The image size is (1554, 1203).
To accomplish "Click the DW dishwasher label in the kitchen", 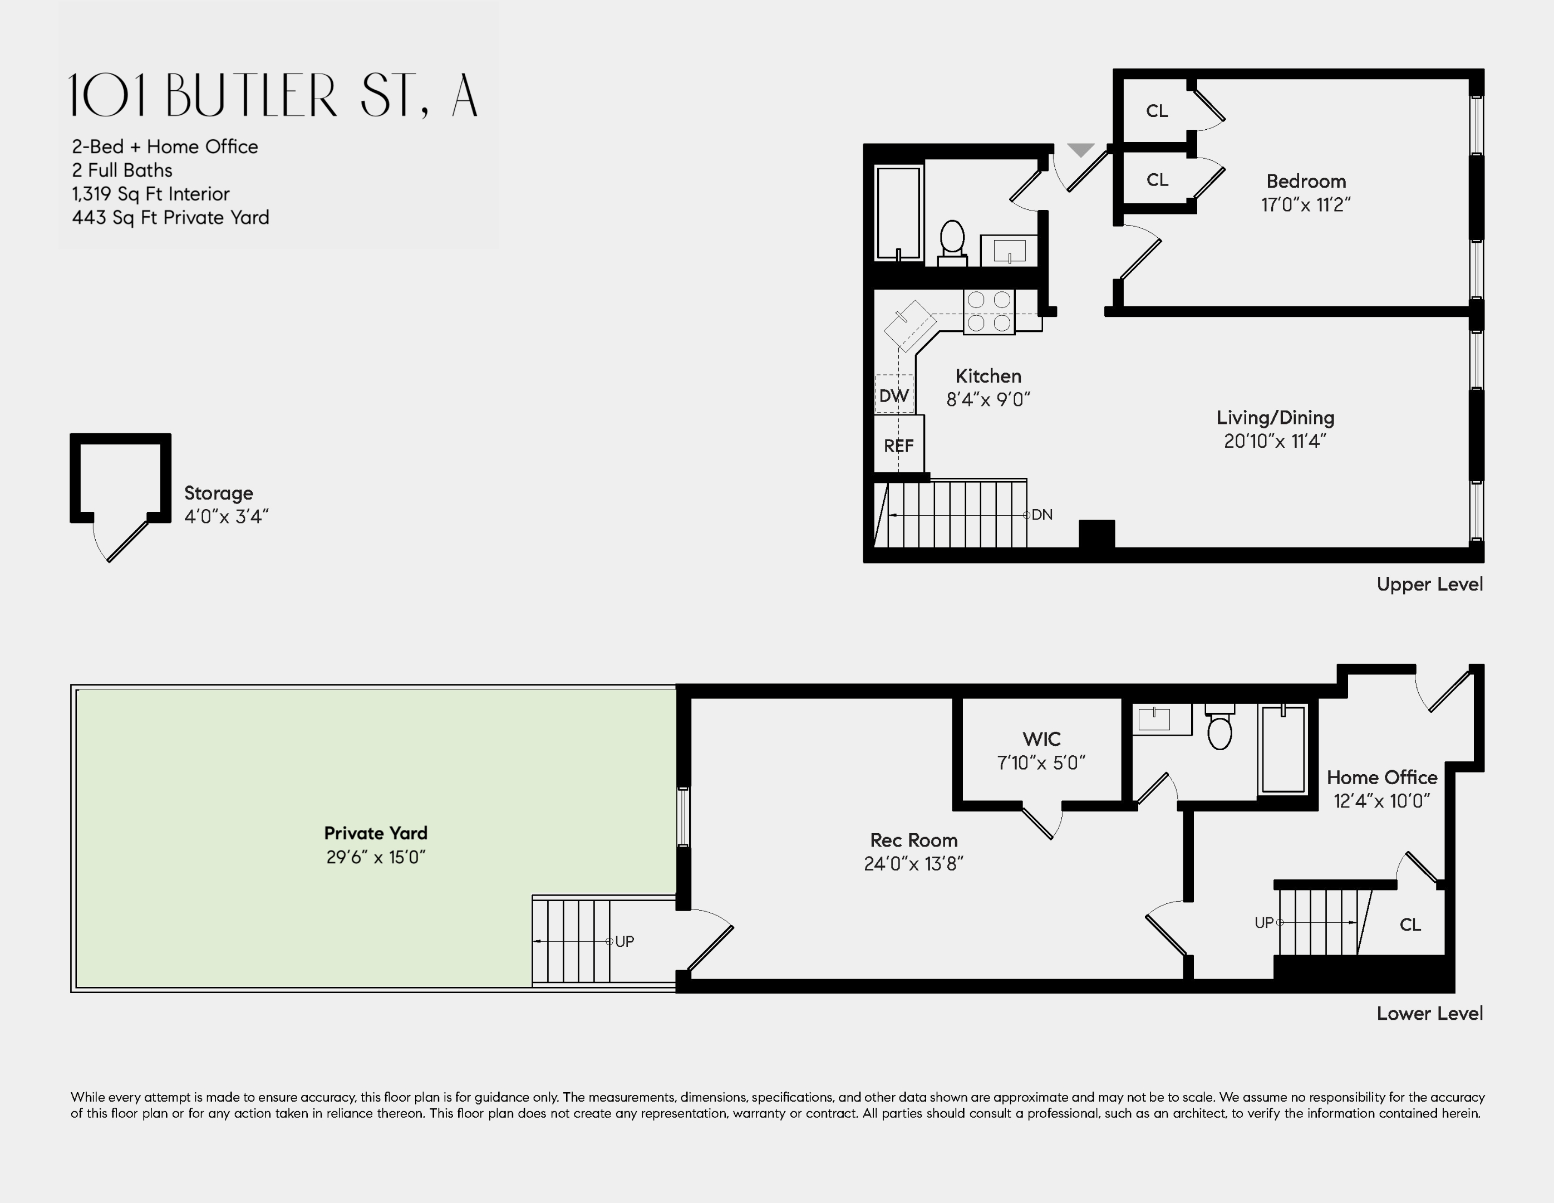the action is click(x=894, y=396).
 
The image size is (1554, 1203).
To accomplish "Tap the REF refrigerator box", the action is click(x=899, y=443).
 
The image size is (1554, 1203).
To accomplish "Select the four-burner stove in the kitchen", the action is click(x=989, y=311).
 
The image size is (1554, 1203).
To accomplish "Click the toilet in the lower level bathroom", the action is click(x=1219, y=727).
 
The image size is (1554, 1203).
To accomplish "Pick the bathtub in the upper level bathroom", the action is click(x=899, y=213).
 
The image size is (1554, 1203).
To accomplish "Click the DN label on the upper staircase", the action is click(x=1042, y=515).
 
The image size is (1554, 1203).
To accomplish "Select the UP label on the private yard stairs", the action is click(x=624, y=941).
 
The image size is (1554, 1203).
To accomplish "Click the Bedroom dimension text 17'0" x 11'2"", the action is click(x=1306, y=205).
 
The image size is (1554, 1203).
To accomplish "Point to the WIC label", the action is click(x=1041, y=739).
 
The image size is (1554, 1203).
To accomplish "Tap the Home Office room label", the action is click(x=1382, y=777).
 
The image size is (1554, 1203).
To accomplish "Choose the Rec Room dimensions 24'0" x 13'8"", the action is click(x=913, y=863).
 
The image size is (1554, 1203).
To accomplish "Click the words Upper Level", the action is click(x=1429, y=584).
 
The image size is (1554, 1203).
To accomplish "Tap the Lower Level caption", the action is click(x=1429, y=1014).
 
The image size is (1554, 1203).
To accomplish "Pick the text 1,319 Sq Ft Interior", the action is click(x=151, y=194).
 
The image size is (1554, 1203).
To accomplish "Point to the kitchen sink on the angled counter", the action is click(x=909, y=325).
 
